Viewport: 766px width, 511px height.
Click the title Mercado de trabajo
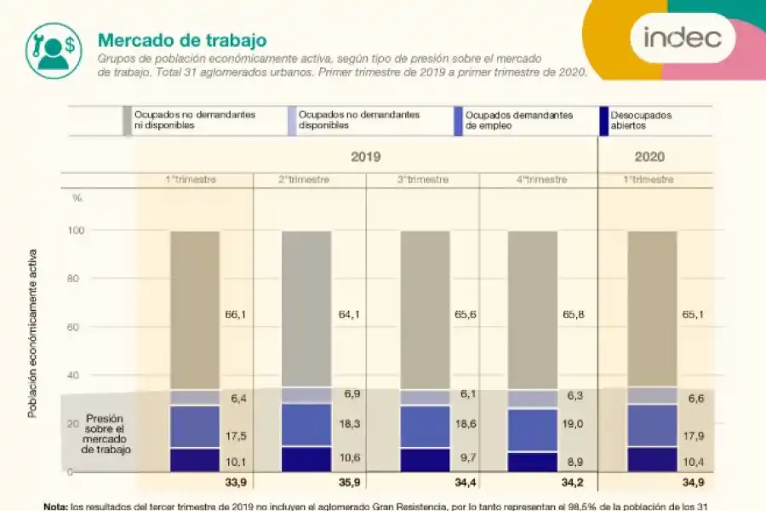(x=182, y=40)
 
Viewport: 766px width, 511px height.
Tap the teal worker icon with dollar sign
(x=53, y=46)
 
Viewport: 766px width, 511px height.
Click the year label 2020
(x=649, y=157)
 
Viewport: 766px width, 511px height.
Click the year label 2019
(x=365, y=157)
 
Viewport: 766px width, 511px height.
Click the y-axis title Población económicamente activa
(x=32, y=333)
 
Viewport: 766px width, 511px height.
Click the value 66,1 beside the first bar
(x=236, y=314)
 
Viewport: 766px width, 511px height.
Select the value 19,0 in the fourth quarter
(x=574, y=424)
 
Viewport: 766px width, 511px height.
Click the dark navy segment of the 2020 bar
(x=652, y=459)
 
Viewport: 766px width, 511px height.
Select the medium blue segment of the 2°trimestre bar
(x=306, y=425)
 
